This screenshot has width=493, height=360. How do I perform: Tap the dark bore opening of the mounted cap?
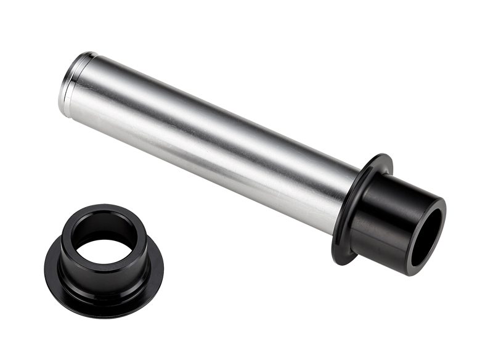tap(428, 237)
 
